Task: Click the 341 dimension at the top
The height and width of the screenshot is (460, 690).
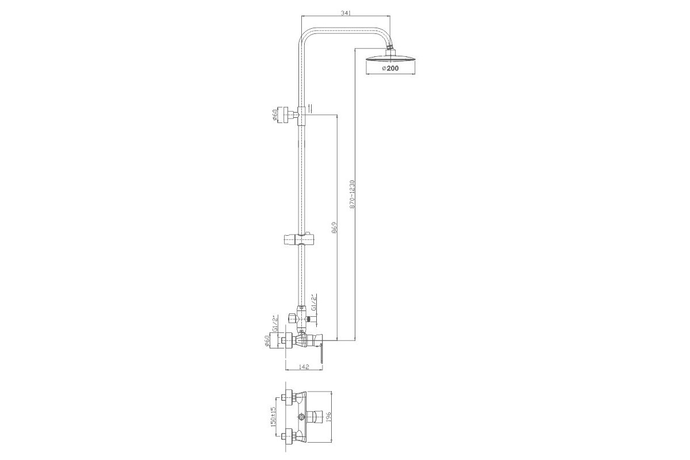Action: click(x=346, y=13)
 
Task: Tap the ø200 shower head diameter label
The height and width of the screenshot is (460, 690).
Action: click(x=390, y=68)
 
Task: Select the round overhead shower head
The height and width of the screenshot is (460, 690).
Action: click(x=390, y=59)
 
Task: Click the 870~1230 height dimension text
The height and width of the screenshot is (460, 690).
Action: click(x=352, y=194)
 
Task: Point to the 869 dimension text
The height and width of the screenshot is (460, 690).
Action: click(x=335, y=227)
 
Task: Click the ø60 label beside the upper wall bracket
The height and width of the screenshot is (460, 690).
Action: click(x=275, y=116)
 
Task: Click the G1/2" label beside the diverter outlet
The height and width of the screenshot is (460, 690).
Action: click(x=314, y=303)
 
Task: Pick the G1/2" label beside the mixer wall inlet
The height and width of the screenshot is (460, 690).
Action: click(x=277, y=323)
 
